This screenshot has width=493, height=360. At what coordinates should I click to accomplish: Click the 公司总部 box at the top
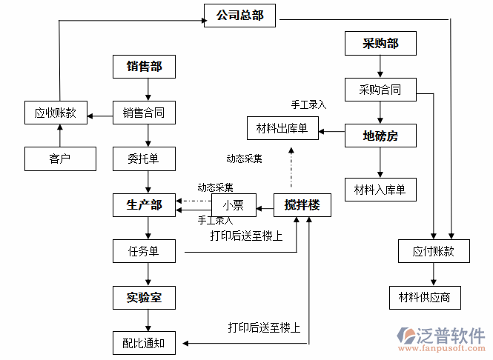(x=239, y=16)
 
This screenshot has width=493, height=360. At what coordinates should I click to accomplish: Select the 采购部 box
(x=380, y=44)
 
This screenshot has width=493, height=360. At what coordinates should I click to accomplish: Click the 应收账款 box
(x=56, y=113)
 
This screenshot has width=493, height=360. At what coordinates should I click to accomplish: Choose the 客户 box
(x=60, y=159)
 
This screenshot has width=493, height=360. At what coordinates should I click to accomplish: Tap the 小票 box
(x=234, y=205)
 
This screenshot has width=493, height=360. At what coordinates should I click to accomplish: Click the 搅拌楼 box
(x=302, y=205)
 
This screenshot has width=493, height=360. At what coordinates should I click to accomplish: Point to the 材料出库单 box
(x=282, y=130)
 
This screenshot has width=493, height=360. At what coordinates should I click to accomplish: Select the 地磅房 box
(x=380, y=136)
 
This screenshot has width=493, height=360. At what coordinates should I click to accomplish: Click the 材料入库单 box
(x=380, y=190)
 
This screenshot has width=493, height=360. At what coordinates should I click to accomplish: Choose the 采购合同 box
(x=380, y=90)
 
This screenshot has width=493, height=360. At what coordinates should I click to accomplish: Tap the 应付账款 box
(x=433, y=251)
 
